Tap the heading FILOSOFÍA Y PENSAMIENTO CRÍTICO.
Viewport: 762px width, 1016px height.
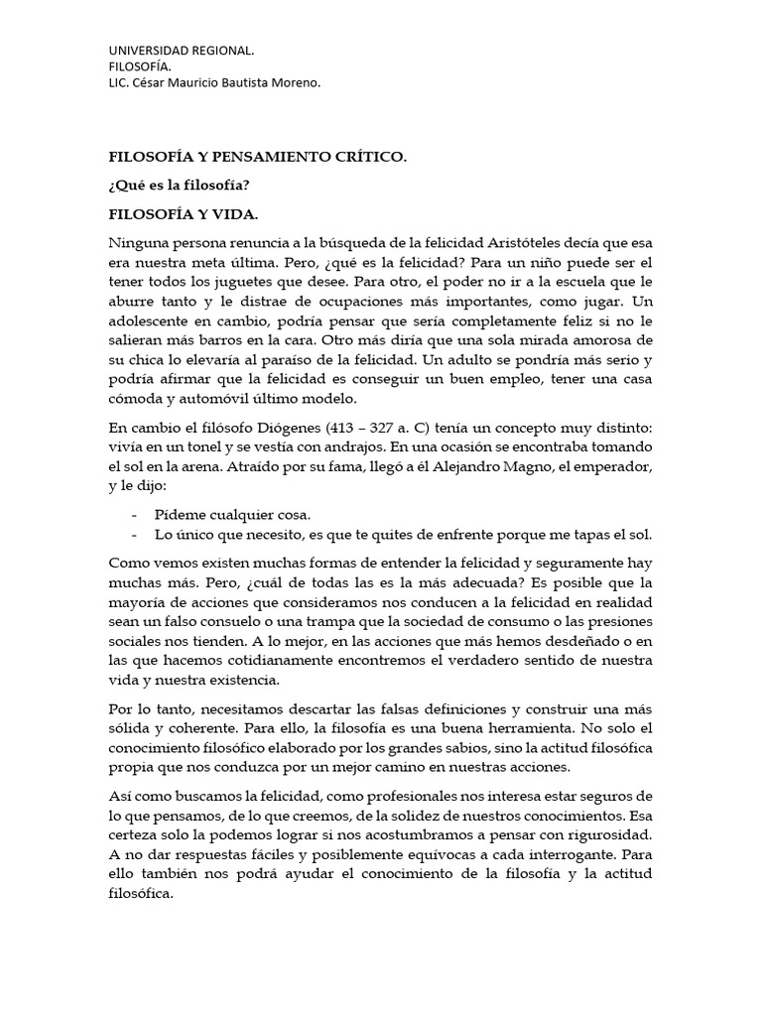click(257, 158)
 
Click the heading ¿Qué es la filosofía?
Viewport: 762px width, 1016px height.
click(179, 186)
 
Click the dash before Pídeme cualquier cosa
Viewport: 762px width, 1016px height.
click(134, 515)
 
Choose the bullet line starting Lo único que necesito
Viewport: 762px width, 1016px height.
click(403, 535)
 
